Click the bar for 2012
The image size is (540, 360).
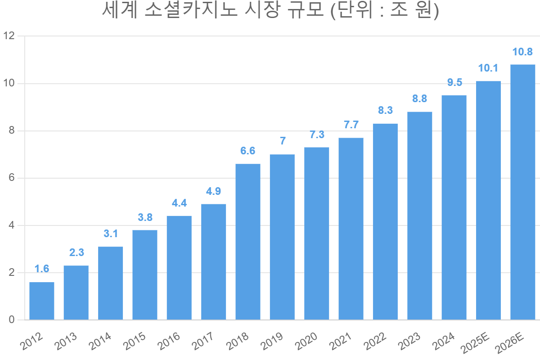point(42,301)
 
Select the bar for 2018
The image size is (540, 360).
point(248,242)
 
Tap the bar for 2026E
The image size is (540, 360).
point(522,192)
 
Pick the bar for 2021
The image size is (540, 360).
point(351,229)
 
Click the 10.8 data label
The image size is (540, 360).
point(522,52)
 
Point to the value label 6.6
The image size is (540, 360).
point(248,151)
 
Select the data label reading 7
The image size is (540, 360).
point(283,141)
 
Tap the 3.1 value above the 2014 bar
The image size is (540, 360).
point(111,234)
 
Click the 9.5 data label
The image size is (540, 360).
point(454,82)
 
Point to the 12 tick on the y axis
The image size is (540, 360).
point(9,36)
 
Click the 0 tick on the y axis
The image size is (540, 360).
point(12,320)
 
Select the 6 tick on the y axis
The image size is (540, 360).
point(12,178)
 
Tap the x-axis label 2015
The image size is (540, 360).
point(134,341)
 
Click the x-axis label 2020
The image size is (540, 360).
point(306,341)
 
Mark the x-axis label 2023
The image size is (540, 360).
point(409,341)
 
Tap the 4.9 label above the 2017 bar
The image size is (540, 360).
point(213,191)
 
